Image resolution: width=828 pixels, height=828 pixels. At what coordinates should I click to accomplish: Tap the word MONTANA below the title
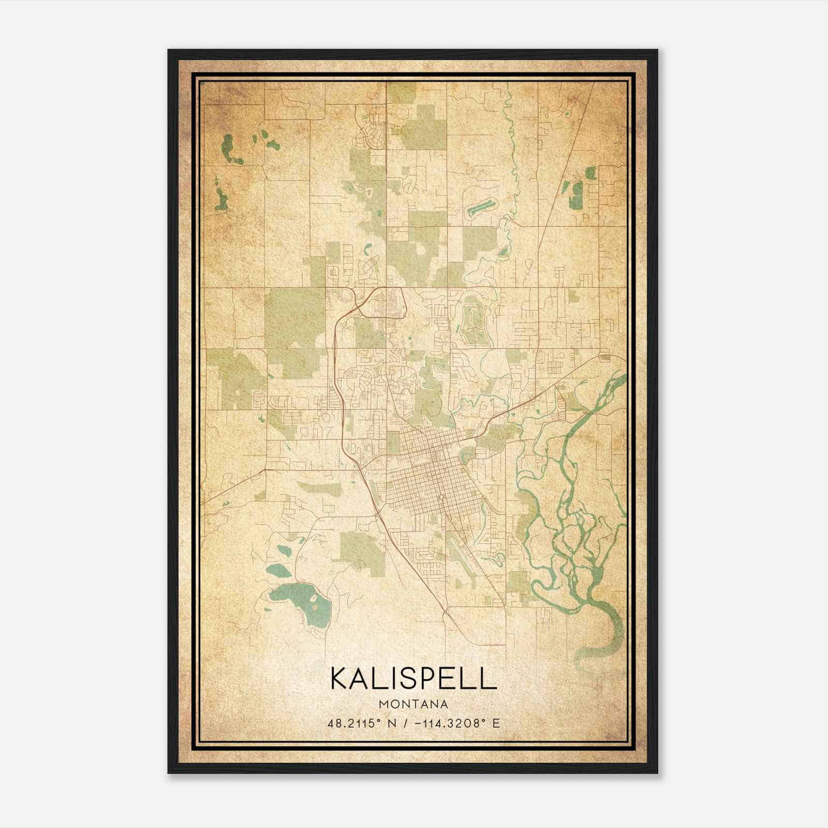pos(413,704)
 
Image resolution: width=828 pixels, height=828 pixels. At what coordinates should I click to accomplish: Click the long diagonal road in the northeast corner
pos(569,166)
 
